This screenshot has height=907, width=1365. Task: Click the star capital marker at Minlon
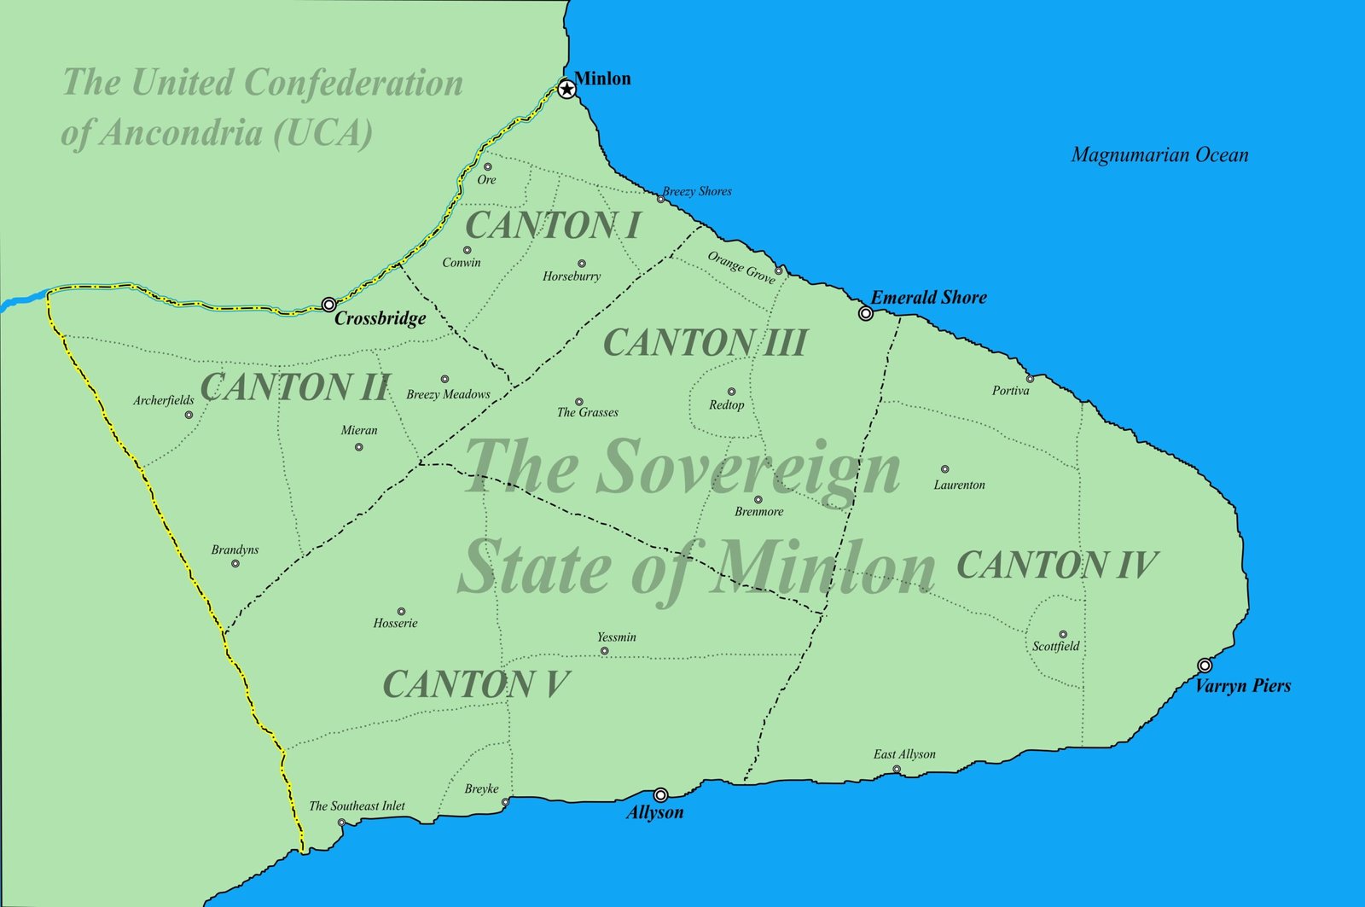567,89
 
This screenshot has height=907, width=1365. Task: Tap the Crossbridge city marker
328,305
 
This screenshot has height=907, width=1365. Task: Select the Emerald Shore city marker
866,313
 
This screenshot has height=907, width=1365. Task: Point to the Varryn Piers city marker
1205,666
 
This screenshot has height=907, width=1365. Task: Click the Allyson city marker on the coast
660,795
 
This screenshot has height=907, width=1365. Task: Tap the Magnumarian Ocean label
1159,155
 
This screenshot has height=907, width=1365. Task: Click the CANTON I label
553,226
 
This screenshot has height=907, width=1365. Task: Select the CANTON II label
295,387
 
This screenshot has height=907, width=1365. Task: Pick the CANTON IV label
1056,565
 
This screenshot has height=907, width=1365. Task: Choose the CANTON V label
476,684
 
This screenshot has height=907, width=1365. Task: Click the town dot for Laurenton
944,469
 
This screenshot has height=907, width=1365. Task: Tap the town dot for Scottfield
1063,635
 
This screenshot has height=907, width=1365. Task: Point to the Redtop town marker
731,392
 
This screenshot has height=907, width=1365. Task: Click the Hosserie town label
396,624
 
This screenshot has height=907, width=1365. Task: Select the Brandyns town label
235,550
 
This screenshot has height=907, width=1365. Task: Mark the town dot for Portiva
1030,378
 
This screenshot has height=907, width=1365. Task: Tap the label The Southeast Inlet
357,806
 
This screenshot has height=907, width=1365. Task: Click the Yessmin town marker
605,651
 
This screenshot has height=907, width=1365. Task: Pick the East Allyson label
904,754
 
